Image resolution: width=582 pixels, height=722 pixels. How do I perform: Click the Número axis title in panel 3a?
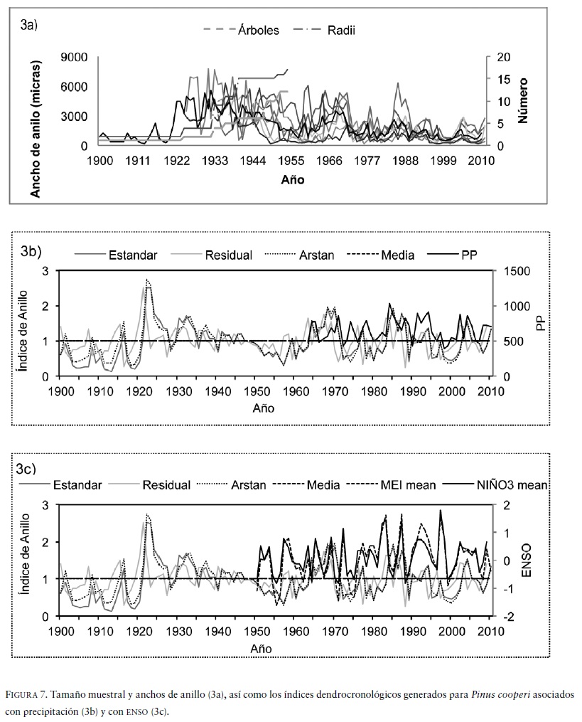[x=524, y=101]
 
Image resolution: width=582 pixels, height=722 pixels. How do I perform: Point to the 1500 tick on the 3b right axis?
[x=511, y=271]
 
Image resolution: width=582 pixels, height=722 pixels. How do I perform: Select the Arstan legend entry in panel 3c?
[x=248, y=485]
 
